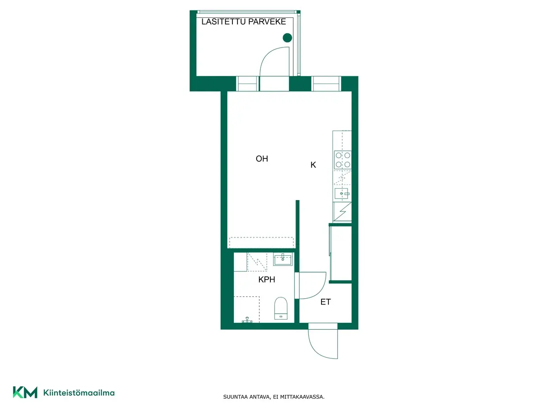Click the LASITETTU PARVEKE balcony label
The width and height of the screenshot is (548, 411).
click(x=243, y=22)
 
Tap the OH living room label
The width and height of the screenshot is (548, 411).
click(x=262, y=159)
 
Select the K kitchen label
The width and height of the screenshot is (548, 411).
click(x=313, y=165)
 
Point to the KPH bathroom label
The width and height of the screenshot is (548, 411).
click(x=267, y=279)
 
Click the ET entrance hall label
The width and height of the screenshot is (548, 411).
click(x=326, y=302)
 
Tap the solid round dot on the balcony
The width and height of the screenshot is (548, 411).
click(x=287, y=38)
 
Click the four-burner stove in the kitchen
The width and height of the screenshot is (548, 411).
click(x=343, y=160)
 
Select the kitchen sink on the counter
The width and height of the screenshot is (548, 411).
click(x=342, y=194)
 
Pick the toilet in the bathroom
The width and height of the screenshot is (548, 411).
click(x=281, y=308)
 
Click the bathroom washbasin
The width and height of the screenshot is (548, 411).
click(x=283, y=259)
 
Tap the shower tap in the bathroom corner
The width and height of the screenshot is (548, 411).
click(x=247, y=320)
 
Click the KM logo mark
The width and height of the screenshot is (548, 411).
click(x=25, y=393)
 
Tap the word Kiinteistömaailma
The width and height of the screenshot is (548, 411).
click(x=79, y=393)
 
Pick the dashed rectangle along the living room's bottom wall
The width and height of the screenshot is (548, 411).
click(x=261, y=242)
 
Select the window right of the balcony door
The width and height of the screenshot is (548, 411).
click(x=326, y=84)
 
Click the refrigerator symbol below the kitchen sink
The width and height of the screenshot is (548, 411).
click(x=342, y=211)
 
